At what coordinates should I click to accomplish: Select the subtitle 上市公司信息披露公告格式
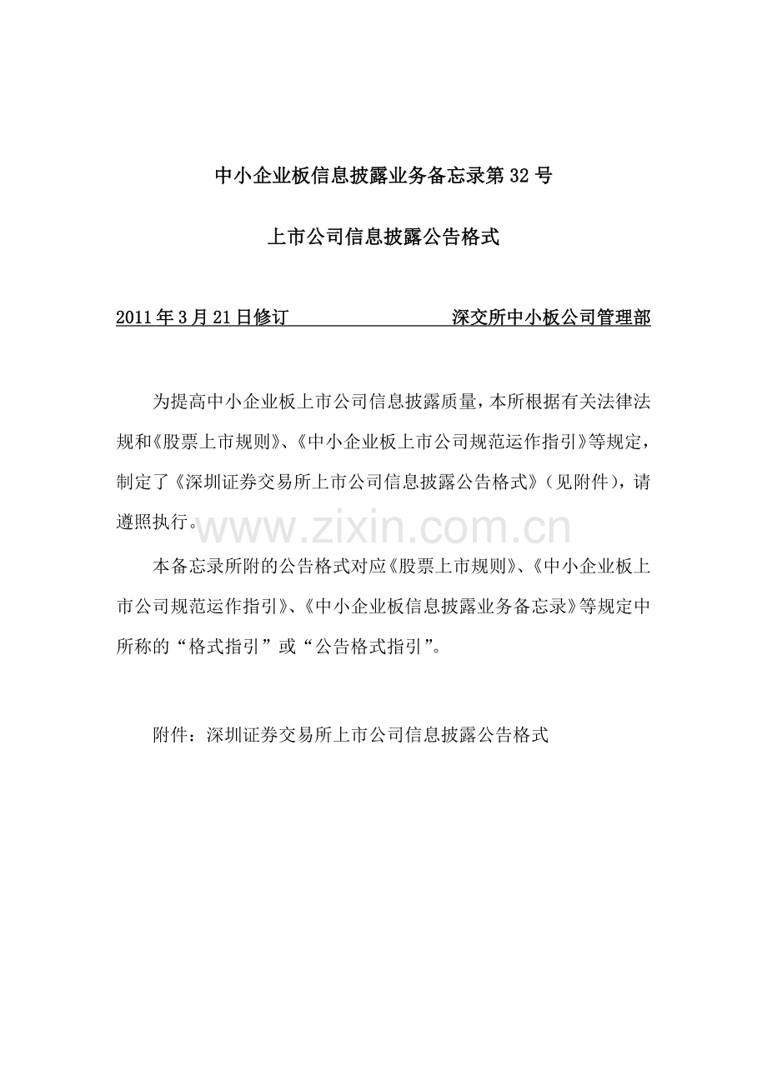[383, 237]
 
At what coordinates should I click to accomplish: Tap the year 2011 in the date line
[134, 317]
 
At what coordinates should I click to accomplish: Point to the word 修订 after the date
[270, 317]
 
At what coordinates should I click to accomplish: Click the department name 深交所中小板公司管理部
[551, 317]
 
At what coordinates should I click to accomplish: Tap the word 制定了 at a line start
[143, 482]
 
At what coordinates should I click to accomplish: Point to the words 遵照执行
[152, 523]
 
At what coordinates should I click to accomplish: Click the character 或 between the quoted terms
[287, 647]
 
